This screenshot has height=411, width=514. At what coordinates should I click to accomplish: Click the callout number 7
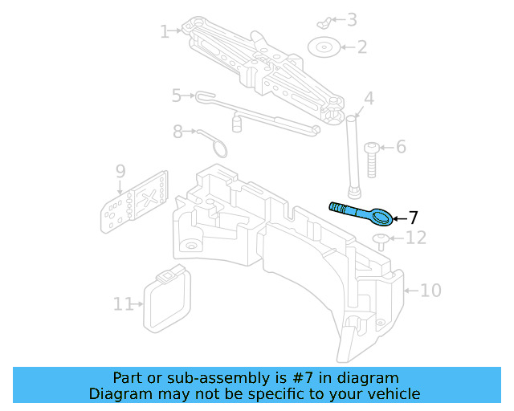tap(413, 217)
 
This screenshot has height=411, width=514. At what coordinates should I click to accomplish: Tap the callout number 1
tap(164, 32)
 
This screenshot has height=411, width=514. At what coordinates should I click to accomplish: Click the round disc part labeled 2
tap(324, 47)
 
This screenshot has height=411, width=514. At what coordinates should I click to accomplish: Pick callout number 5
tap(177, 96)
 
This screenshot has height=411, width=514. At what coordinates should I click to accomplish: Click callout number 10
tap(430, 290)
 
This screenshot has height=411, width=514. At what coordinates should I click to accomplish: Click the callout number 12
tap(415, 238)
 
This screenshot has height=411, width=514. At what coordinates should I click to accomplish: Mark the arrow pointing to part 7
tap(399, 217)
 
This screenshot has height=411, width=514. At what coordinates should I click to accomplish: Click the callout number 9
tap(120, 171)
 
